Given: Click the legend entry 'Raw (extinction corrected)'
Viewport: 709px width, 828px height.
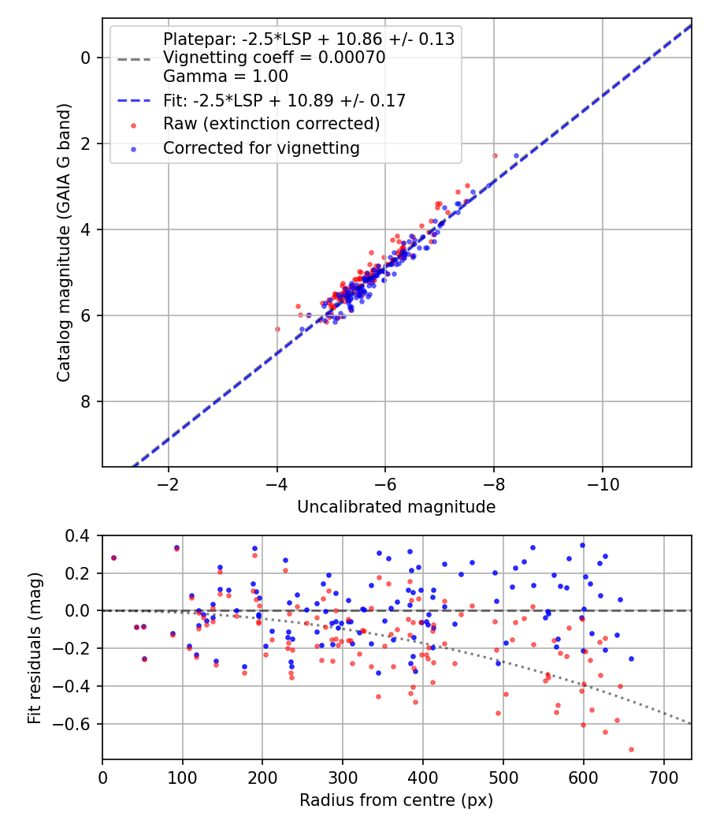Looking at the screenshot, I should click(x=271, y=124).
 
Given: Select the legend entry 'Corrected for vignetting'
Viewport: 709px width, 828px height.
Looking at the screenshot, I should click(x=261, y=147).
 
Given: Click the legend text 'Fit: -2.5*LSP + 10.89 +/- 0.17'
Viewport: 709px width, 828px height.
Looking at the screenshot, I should click(x=284, y=100).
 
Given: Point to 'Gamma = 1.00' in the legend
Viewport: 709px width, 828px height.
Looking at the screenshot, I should click(x=225, y=76).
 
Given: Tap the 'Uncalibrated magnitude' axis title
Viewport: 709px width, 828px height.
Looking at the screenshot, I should click(x=396, y=507).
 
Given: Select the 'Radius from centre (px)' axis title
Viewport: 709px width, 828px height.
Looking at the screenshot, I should click(x=396, y=800).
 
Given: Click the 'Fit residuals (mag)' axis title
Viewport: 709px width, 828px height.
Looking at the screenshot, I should click(x=35, y=648).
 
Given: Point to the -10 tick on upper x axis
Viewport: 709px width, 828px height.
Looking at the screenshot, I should click(x=603, y=483).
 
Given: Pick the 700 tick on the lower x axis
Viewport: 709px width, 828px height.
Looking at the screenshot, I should click(x=663, y=777).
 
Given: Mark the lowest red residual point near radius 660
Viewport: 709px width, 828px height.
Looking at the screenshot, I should click(x=631, y=749).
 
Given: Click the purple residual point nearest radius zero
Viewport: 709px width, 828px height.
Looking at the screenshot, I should click(x=113, y=558).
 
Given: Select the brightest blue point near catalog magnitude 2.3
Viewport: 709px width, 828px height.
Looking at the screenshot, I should click(x=516, y=156).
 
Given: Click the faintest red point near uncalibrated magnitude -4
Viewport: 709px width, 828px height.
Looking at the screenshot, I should click(x=277, y=329).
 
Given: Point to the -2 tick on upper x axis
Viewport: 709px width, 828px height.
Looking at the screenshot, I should click(x=168, y=483).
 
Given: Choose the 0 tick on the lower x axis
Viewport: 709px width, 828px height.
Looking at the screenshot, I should click(x=102, y=777).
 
